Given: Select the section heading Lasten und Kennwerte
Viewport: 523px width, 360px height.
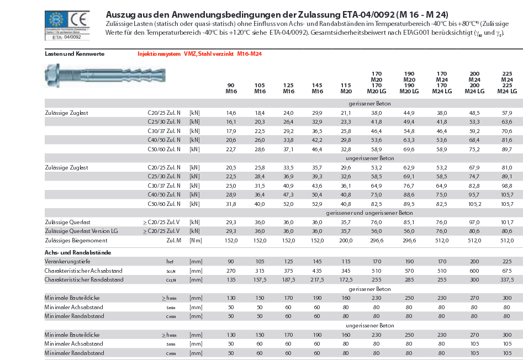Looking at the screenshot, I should point(75,54).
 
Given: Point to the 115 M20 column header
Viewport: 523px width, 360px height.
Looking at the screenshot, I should point(346,88).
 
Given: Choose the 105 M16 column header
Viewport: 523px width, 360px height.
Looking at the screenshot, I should point(260,88).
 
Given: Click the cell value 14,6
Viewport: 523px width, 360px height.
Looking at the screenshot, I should point(231,113).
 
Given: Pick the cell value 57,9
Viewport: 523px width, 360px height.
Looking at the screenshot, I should point(506,113).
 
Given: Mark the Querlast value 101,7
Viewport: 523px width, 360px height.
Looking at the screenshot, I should point(506,222).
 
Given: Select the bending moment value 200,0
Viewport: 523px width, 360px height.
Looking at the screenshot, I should point(346,240).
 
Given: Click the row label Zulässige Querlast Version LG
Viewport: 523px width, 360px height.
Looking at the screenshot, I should point(81,231).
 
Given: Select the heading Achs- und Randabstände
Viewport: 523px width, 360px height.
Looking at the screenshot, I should point(78,252).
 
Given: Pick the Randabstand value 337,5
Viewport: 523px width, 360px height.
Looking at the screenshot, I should point(506,279).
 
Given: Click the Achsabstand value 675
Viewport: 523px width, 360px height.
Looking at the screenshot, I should point(506,271).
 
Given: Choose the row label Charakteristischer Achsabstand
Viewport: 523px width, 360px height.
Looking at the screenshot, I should point(83,271).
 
